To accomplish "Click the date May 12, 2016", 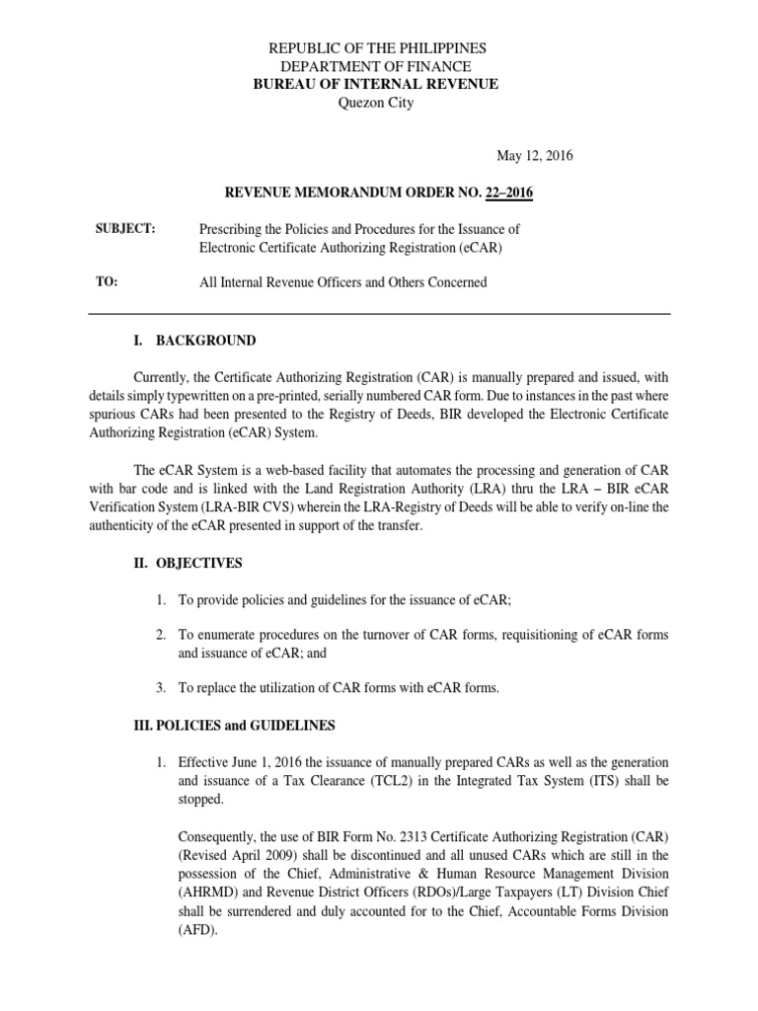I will pyautogui.click(x=533, y=156).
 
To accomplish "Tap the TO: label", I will pyautogui.click(x=107, y=281).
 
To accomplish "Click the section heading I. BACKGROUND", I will pyautogui.click(x=194, y=341).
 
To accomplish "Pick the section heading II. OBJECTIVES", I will pyautogui.click(x=188, y=563).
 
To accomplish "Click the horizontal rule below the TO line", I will pyautogui.click(x=379, y=314).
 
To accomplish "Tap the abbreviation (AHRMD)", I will pyautogui.click(x=210, y=893).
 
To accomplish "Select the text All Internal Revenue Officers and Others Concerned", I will pyautogui.click(x=343, y=282).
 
